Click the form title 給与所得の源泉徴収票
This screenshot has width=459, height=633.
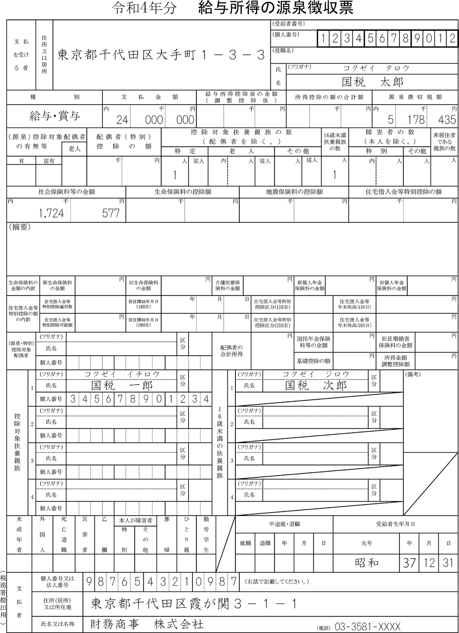pyautogui.click(x=275, y=8)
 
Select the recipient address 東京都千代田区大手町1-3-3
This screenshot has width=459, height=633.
pyautogui.click(x=161, y=55)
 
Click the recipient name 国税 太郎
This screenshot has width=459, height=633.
pyautogui.click(x=372, y=82)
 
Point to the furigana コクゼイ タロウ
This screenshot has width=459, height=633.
pyautogui.click(x=376, y=68)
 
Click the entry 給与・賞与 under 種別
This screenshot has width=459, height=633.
pyautogui.click(x=55, y=116)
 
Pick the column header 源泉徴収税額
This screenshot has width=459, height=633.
pyautogui.click(x=415, y=97)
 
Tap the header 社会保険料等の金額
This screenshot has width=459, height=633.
pyautogui.click(x=66, y=192)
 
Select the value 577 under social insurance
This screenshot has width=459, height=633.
pyautogui.click(x=111, y=213)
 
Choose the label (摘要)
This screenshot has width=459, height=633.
pyautogui.click(x=19, y=227)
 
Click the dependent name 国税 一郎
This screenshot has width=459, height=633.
pyautogui.click(x=122, y=385)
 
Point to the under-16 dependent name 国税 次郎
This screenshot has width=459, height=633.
pyautogui.click(x=316, y=385)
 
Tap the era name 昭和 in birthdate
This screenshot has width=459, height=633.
pyautogui.click(x=367, y=563)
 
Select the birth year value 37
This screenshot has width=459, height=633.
pyautogui.click(x=409, y=563)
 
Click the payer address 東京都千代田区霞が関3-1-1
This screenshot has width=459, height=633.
pyautogui.click(x=194, y=604)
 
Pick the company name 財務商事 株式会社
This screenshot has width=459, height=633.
pyautogui.click(x=147, y=624)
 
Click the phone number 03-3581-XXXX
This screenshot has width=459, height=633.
pyautogui.click(x=367, y=627)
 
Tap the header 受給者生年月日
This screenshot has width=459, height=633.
pyautogui.click(x=395, y=524)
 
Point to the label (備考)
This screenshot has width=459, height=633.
pyautogui.click(x=412, y=374)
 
